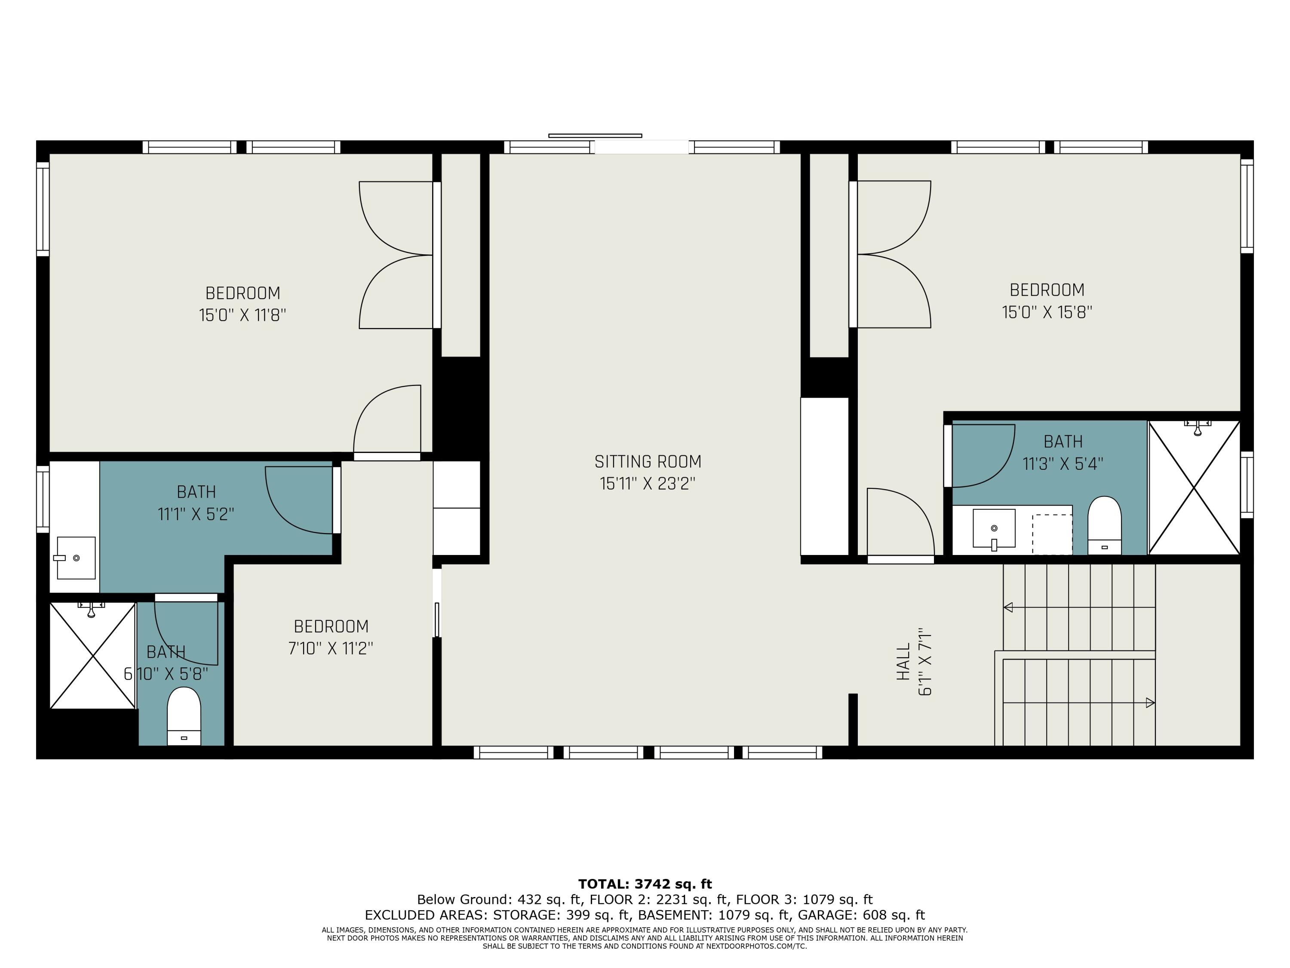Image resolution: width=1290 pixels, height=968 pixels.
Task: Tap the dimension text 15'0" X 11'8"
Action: coord(242,315)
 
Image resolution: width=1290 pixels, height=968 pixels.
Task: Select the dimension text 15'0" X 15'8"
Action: coord(1047,312)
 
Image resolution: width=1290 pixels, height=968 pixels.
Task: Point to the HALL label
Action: coord(903,662)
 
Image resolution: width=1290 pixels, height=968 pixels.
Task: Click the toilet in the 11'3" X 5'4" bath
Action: coord(1104,525)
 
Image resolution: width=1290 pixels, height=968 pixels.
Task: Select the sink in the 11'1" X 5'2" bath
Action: coord(76,558)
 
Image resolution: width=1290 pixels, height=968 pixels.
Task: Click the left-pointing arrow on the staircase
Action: coord(1008,607)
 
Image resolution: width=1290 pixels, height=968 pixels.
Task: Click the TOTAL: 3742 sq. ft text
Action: coord(645,884)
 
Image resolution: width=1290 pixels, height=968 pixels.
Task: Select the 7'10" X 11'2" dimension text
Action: coord(331,648)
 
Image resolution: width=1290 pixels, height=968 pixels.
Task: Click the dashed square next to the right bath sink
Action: coord(1052,534)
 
